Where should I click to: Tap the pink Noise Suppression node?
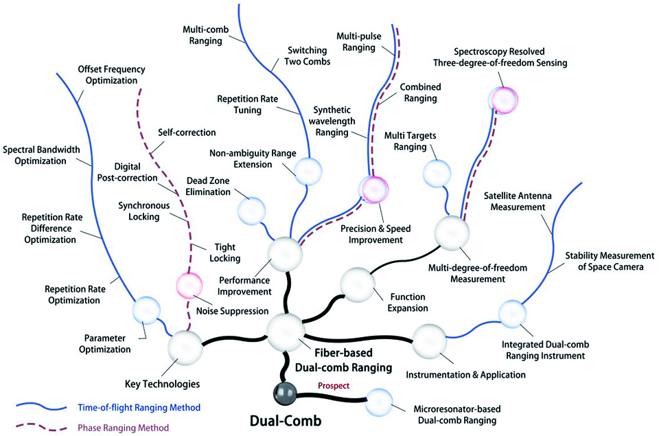[x=189, y=286]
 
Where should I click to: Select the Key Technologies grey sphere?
[x=185, y=347]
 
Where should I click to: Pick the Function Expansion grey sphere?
[x=357, y=285]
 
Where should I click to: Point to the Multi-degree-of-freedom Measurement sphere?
[x=452, y=233]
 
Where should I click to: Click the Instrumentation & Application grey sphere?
[x=429, y=341]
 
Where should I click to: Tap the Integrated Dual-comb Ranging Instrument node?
[x=512, y=314]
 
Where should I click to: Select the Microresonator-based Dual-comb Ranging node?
[x=379, y=402]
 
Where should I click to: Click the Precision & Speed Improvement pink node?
[x=373, y=190]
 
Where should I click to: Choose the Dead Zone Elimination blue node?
[x=252, y=211]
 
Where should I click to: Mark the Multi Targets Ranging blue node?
[x=437, y=174]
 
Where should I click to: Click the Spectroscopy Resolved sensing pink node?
[x=502, y=100]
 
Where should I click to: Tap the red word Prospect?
[x=334, y=386]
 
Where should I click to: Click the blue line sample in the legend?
[x=41, y=407]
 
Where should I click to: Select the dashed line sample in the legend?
[x=41, y=428]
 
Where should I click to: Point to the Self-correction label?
[x=187, y=133]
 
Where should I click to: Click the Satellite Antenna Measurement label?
[x=518, y=201]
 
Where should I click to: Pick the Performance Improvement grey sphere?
[x=285, y=254]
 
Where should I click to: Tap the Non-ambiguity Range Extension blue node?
[x=308, y=172]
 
